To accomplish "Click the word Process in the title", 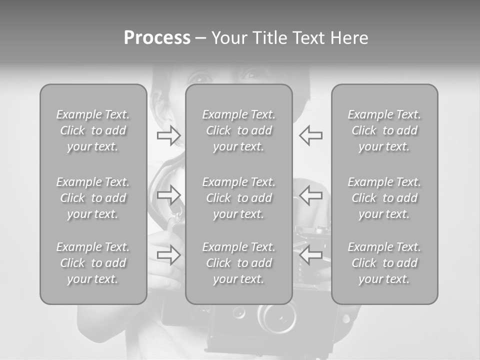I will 157,38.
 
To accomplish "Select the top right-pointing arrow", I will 169,135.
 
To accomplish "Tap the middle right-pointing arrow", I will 169,194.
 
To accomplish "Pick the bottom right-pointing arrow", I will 169,255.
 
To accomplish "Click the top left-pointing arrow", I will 311,135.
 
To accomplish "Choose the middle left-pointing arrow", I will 311,194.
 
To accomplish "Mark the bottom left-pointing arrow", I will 311,255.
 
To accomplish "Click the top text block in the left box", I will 93,130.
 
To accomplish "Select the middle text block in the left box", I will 93,198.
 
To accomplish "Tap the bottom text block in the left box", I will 93,263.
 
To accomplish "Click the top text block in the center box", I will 239,130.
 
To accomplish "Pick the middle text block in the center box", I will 239,198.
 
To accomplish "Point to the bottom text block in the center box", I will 239,263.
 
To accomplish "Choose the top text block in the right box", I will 384,130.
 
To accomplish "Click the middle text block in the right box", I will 384,198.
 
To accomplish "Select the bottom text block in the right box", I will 384,263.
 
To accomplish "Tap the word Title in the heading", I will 270,38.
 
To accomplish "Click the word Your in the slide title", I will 229,38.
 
